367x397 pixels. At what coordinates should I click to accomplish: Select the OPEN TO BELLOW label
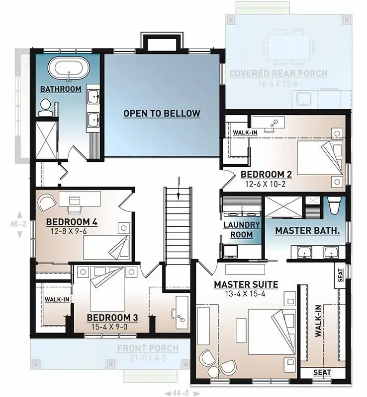pos(162,114)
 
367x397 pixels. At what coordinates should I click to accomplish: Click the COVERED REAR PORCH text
pos(278,74)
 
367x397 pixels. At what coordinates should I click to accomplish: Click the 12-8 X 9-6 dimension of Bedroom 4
pos(73,231)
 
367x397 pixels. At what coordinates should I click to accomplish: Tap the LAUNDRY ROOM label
pos(241,230)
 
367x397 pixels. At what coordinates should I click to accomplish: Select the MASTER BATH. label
pos(307,231)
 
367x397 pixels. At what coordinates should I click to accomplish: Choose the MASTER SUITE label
pos(246,284)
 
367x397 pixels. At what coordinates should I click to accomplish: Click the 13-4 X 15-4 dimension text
pos(246,293)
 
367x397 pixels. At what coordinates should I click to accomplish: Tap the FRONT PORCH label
pos(148,349)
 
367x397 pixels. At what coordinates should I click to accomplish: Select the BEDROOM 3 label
pos(112,317)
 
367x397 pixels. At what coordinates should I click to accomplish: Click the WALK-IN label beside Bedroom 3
pos(57,299)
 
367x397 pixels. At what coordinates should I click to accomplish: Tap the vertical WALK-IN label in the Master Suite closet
pos(318,325)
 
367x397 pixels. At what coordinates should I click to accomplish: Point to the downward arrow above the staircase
pos(178,183)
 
